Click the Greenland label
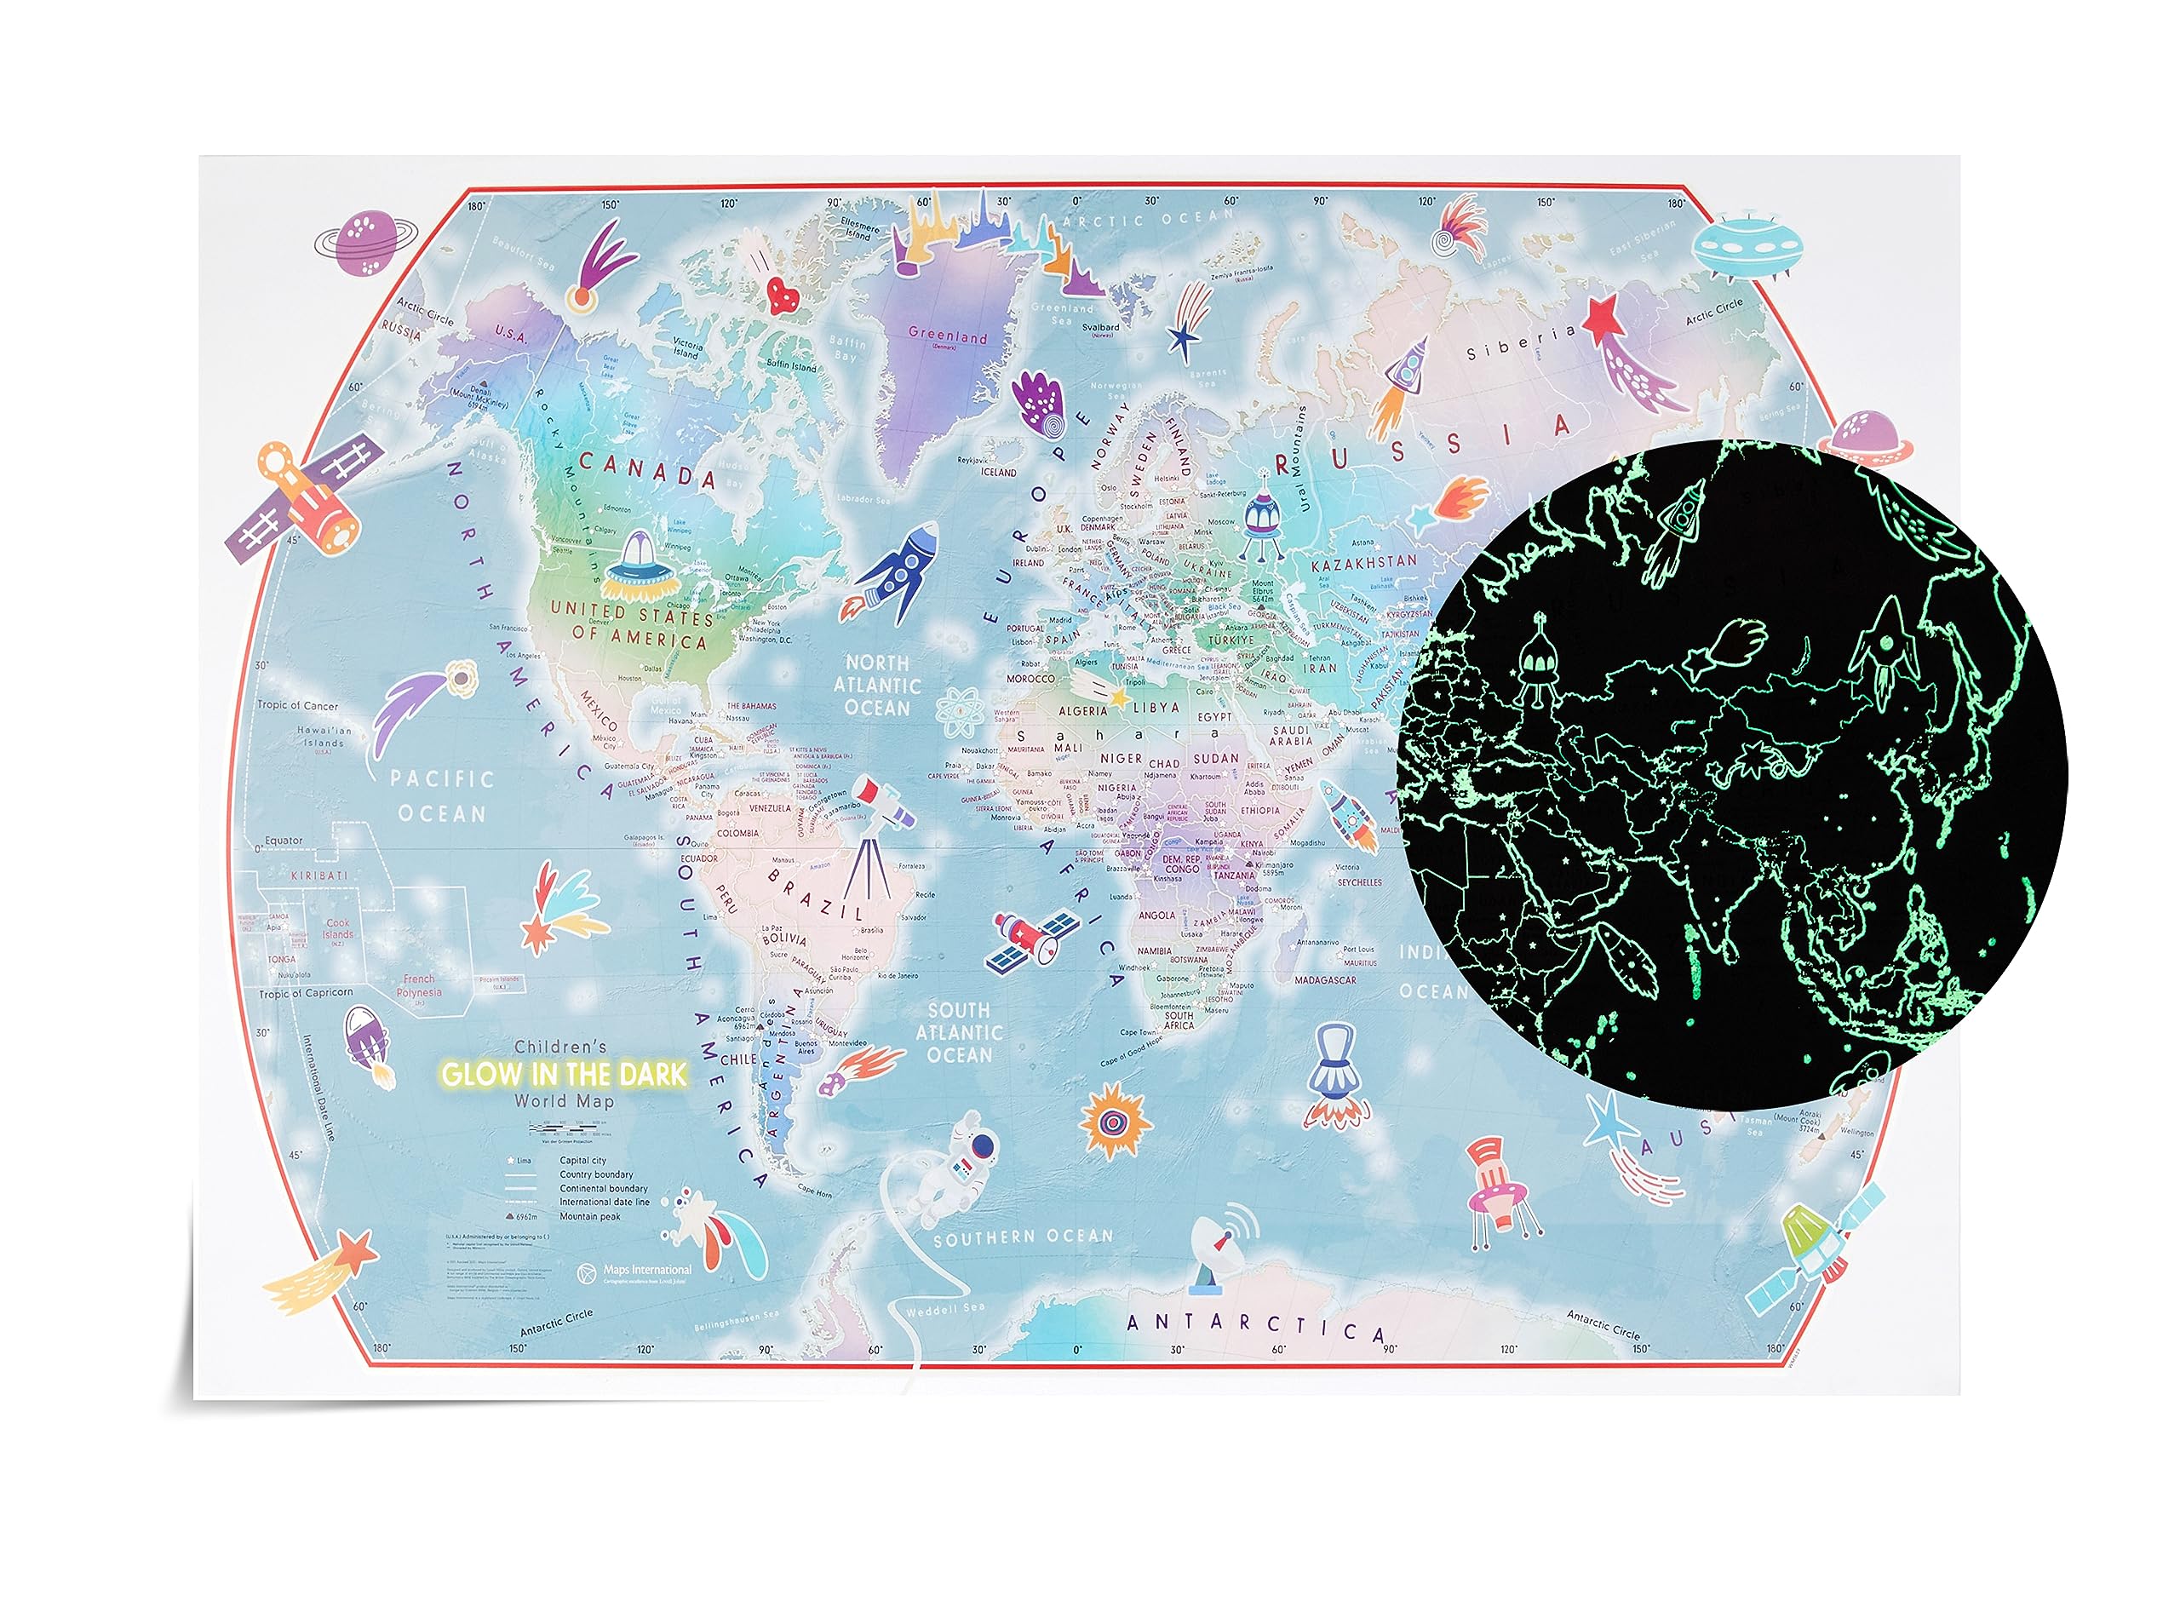[947, 336]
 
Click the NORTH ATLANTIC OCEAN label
[877, 686]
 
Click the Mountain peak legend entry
[589, 1217]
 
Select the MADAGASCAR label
[1325, 980]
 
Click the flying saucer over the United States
[638, 568]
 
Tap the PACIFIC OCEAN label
[441, 795]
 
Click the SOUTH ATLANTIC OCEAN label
[959, 1033]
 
